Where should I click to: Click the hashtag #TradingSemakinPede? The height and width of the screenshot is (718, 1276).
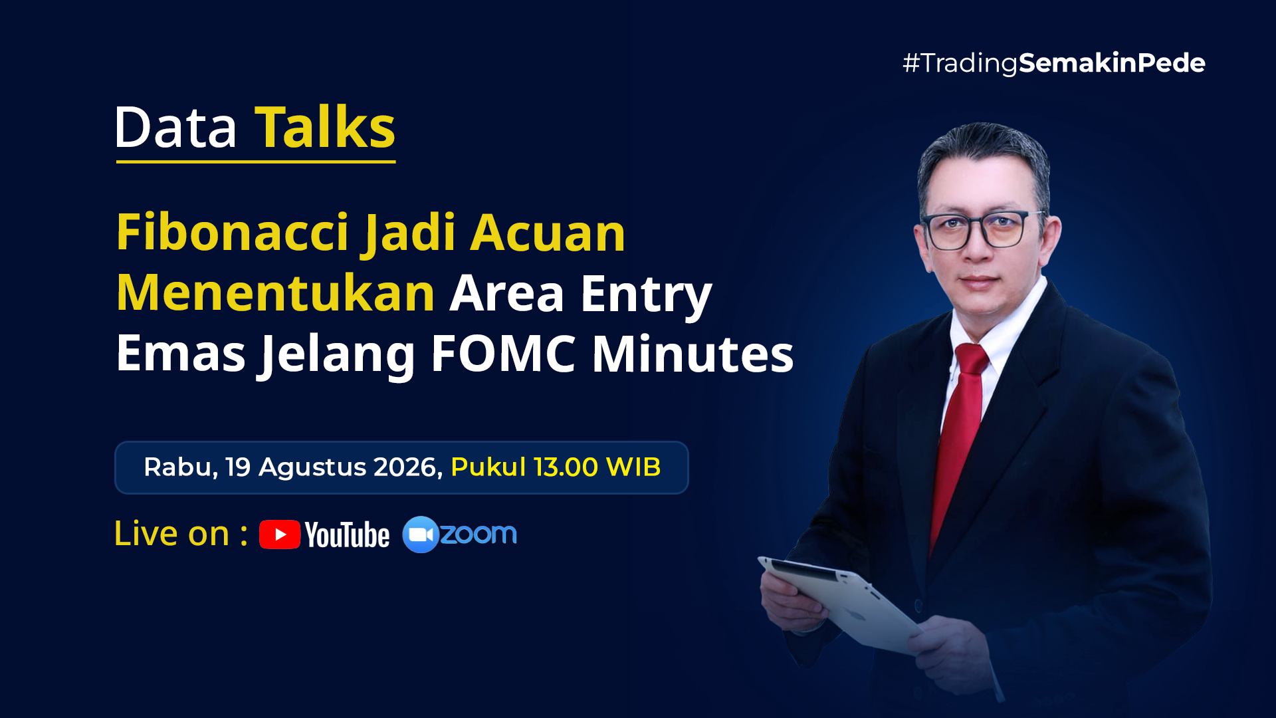click(1053, 63)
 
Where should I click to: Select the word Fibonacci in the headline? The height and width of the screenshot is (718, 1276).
click(233, 232)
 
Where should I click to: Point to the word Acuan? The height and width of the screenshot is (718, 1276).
click(548, 233)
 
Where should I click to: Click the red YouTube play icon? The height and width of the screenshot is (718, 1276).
click(280, 535)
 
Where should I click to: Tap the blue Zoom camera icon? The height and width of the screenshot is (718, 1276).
click(420, 535)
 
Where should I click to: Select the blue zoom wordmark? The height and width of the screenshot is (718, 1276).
click(478, 534)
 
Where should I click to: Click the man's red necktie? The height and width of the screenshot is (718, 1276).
click(958, 439)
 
